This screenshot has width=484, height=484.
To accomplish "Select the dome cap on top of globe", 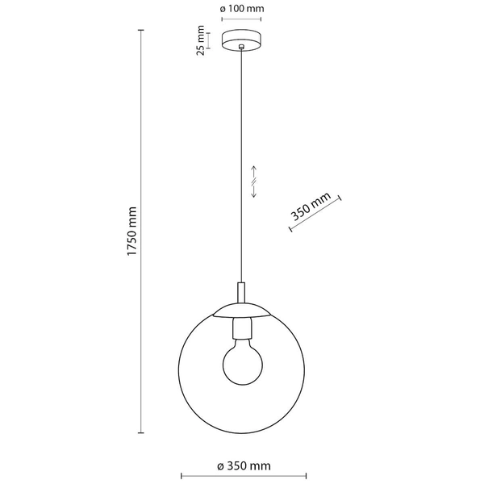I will pyautogui.click(x=240, y=311).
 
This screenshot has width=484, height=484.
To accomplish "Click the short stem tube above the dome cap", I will pyautogui.click(x=240, y=292).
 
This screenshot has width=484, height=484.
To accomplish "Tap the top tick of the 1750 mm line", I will pyautogui.click(x=142, y=31).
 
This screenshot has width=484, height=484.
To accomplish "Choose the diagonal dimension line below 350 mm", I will pyautogui.click(x=315, y=215).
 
